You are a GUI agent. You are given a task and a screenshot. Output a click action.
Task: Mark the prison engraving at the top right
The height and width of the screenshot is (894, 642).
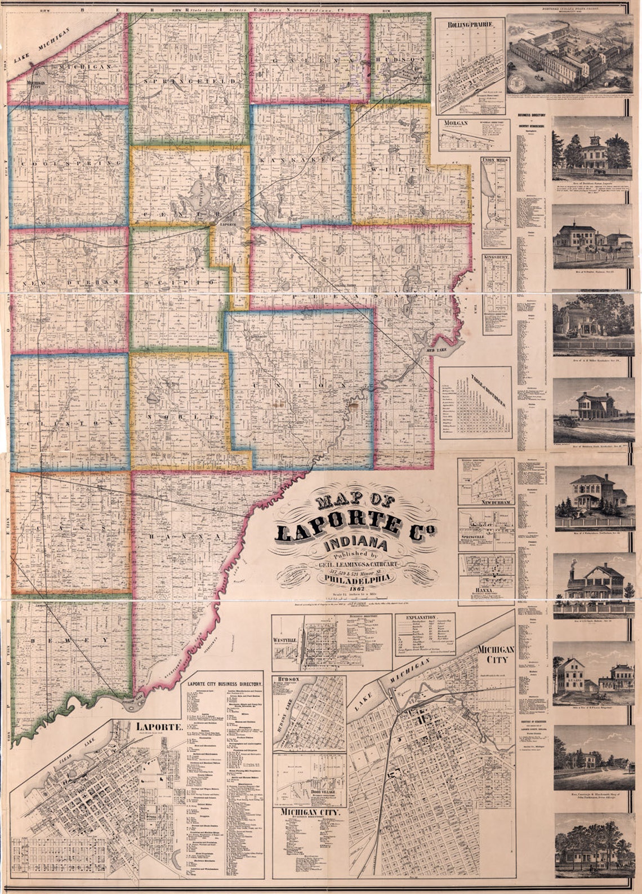[569, 54]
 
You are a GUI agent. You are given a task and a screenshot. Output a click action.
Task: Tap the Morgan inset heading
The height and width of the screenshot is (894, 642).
[456, 122]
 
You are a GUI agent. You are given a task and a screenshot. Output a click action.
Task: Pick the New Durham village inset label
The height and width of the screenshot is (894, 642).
[497, 501]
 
